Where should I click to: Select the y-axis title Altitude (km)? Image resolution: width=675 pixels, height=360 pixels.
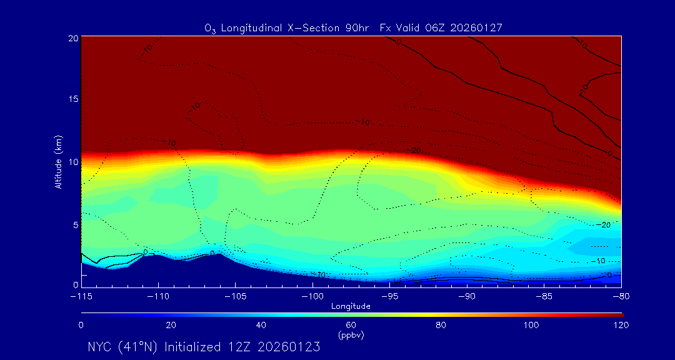point(58,162)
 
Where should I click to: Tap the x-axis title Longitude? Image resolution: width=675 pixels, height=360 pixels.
point(351,306)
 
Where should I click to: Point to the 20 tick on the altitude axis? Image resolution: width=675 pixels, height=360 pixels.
point(72,38)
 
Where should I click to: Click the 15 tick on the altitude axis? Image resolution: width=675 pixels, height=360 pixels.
point(72,100)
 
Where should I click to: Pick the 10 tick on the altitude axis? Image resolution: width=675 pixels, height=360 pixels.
point(72,162)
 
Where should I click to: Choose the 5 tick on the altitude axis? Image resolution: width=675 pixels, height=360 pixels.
point(75,224)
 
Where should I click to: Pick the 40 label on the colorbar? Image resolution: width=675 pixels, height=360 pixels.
point(261,325)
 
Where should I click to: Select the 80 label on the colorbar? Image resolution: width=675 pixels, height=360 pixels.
point(441,325)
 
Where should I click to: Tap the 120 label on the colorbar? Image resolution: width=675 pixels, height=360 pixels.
point(621,325)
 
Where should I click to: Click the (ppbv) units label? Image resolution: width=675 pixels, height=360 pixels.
point(351,335)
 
